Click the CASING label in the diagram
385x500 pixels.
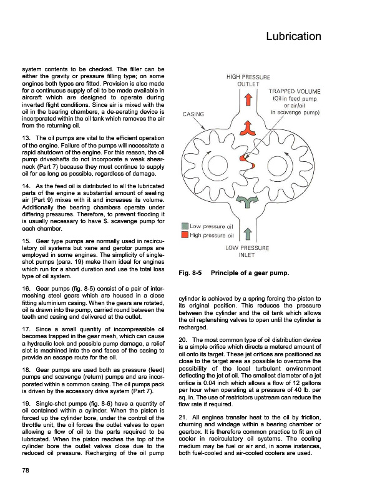coord(196,115)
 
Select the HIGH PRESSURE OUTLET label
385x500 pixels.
coord(248,81)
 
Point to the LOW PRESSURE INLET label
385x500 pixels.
coord(248,251)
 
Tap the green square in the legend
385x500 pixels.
coord(185,226)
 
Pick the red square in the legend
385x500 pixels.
coord(185,236)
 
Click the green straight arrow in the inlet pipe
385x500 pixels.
coord(248,234)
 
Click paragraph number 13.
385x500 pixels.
coord(26,137)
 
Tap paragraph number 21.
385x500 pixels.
coord(183,417)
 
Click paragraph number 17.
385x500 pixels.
coord(26,329)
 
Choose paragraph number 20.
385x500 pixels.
coord(183,338)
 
